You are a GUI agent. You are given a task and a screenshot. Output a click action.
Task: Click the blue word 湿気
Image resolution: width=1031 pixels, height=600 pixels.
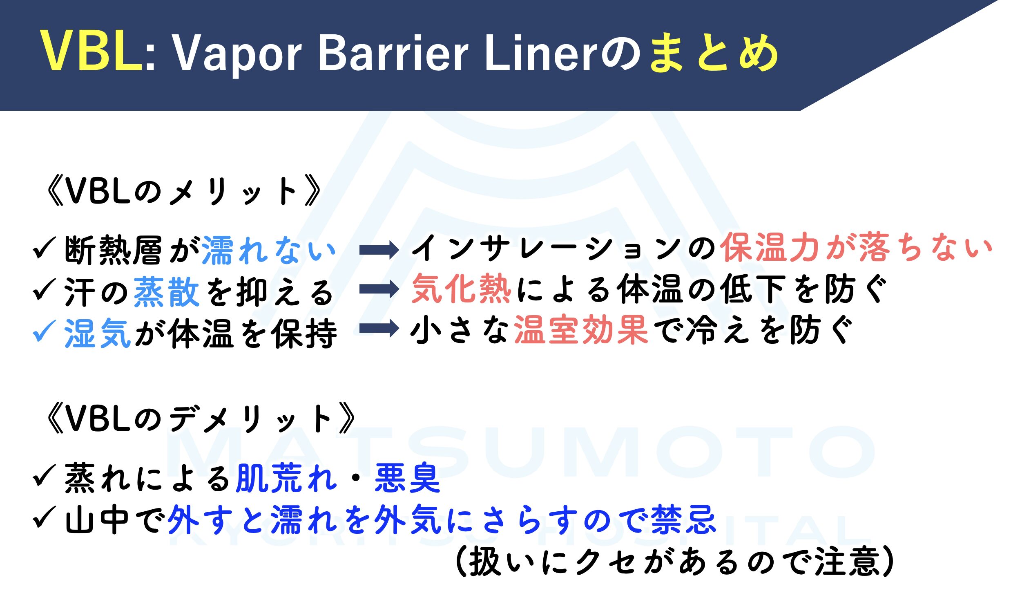pyautogui.click(x=97, y=333)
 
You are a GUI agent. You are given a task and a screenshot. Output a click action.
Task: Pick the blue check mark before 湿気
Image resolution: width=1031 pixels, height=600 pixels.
pyautogui.click(x=44, y=331)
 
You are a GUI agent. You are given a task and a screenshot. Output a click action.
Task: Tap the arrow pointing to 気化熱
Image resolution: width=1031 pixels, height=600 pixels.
pyautogui.click(x=379, y=289)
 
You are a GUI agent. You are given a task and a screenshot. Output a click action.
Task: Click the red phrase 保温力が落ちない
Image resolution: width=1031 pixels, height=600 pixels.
pyautogui.click(x=856, y=248)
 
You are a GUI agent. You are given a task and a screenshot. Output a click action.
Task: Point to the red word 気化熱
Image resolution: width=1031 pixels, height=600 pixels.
pyautogui.click(x=462, y=289)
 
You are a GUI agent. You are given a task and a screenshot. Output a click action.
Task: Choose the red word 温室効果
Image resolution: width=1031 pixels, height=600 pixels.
pyautogui.click(x=581, y=329)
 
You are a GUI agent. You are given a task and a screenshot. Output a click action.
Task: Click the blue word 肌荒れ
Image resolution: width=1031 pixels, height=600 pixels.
pyautogui.click(x=286, y=478)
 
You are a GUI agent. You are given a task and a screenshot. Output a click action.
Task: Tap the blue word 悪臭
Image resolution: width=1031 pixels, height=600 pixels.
pyautogui.click(x=407, y=478)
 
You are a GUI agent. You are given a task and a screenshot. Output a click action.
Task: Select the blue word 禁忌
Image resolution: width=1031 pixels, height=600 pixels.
pyautogui.click(x=684, y=519)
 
